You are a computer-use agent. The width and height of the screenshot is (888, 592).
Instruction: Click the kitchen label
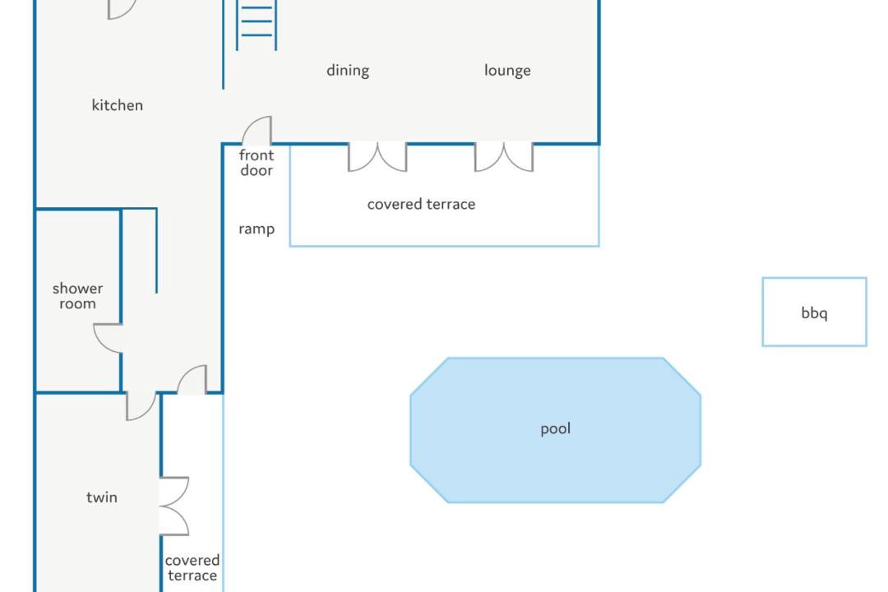coord(118,104)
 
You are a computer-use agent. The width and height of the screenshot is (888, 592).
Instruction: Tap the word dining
coord(348,70)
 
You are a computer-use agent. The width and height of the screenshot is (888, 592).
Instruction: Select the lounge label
coord(507,70)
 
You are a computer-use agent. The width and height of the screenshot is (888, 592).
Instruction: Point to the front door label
coord(257,163)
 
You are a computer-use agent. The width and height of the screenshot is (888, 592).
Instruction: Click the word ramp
coord(257,229)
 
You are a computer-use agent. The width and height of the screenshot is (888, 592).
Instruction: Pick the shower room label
coord(77,296)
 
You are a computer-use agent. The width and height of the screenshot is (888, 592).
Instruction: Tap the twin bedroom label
coord(102,497)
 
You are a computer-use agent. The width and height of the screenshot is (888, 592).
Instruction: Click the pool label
coord(556,428)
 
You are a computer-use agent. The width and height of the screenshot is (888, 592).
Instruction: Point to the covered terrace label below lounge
coord(421,204)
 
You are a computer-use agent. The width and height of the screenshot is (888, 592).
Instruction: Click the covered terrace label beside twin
coord(192,567)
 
